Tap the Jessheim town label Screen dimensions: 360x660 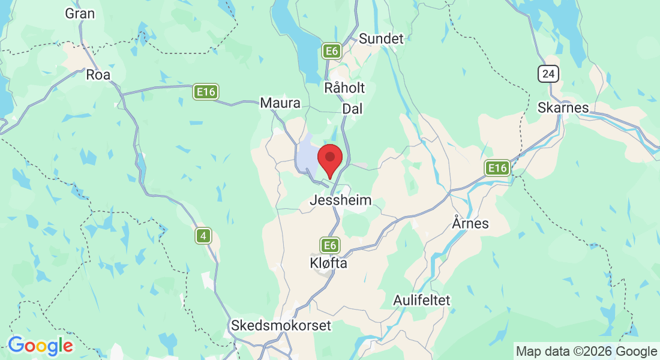click(x=340, y=200)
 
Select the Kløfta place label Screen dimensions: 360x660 click(x=328, y=263)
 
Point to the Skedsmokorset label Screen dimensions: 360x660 click(x=273, y=326)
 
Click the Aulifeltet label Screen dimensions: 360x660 click(x=422, y=299)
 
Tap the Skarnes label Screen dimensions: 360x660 click(x=563, y=107)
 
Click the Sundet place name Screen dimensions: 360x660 click(x=382, y=39)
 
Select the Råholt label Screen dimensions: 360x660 click(x=344, y=88)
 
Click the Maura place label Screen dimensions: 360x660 click(x=280, y=103)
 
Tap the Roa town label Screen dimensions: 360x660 click(x=98, y=75)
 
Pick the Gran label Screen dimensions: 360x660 click(x=80, y=13)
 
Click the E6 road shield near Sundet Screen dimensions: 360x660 click(x=331, y=51)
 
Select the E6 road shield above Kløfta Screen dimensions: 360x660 click(x=329, y=245)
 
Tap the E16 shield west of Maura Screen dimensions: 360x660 click(x=206, y=92)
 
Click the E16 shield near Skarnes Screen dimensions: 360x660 click(x=497, y=168)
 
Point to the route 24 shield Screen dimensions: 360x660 click(x=548, y=74)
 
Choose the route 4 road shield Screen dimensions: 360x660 click(x=203, y=236)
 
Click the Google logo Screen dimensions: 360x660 click(x=40, y=346)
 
